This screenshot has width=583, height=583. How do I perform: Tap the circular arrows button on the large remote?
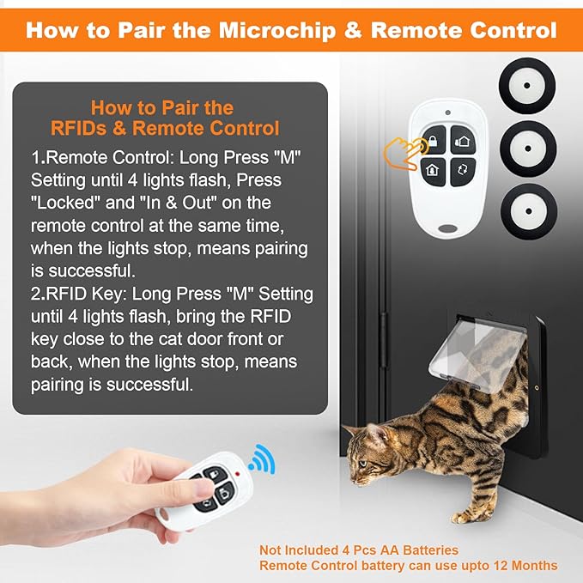[462, 168]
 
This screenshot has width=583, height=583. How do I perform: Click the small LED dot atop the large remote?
[447, 113]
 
